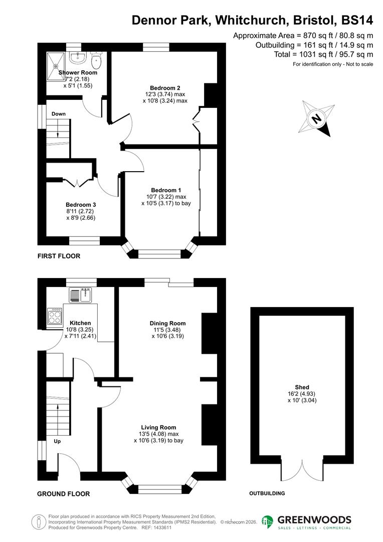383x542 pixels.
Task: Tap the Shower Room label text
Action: [78, 73]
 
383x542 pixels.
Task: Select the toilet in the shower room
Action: [97, 61]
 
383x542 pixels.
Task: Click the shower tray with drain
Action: [57, 64]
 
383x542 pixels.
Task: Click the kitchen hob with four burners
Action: [54, 316]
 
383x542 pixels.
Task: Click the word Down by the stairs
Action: [59, 114]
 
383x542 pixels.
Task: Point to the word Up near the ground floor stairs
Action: [58, 442]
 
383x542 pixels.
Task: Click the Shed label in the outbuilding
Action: [302, 387]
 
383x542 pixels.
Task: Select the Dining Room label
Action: [167, 323]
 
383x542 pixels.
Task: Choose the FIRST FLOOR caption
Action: [59, 256]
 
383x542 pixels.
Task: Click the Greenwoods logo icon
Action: [268, 521]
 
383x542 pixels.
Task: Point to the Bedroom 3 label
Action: [81, 205]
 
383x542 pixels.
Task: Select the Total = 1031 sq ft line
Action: [323, 54]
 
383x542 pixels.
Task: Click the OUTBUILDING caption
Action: [267, 493]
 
